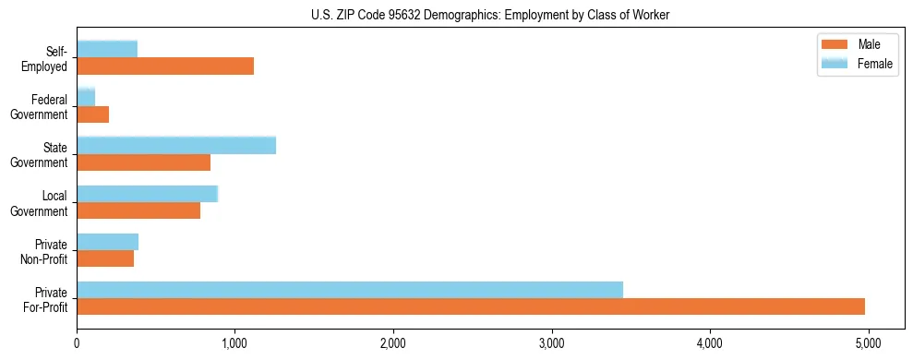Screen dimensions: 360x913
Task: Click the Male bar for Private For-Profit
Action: click(x=471, y=306)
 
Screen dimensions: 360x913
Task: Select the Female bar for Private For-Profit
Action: click(x=350, y=289)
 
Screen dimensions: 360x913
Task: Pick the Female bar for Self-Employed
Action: click(x=107, y=49)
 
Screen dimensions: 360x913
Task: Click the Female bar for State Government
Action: click(x=176, y=145)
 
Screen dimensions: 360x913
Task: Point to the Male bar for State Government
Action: click(x=144, y=162)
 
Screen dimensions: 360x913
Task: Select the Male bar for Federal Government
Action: click(x=93, y=114)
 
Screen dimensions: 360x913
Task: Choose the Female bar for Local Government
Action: click(x=148, y=193)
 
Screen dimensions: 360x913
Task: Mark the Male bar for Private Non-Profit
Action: click(x=105, y=258)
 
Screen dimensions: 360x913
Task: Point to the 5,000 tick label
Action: click(x=868, y=344)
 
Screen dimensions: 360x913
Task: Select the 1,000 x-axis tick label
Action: click(x=235, y=344)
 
